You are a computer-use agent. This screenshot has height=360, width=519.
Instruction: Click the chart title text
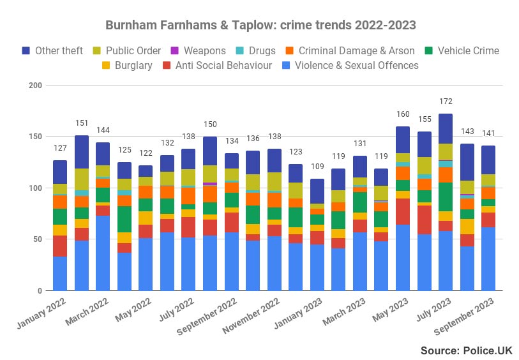coord(260,26)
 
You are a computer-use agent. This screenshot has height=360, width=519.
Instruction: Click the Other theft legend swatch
coord(27,50)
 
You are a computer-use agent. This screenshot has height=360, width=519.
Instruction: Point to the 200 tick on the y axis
coord(35,86)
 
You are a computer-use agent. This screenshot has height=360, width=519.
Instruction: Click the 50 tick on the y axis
coord(37,239)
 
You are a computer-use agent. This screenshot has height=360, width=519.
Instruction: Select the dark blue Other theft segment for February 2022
coord(82,152)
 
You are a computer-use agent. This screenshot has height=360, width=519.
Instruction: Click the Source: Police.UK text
coord(466,350)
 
